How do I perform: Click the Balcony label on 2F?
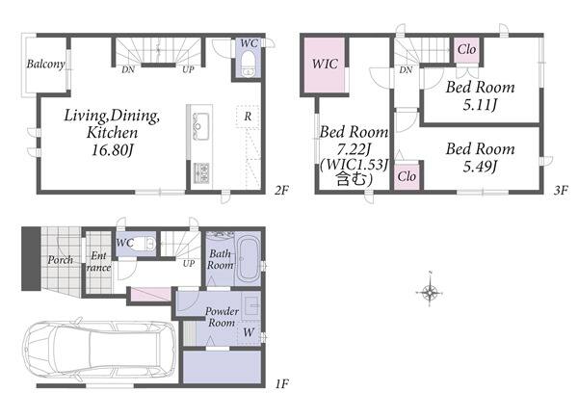click(x=45, y=65)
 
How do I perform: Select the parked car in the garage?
click(x=99, y=350)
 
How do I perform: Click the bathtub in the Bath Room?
click(x=248, y=260)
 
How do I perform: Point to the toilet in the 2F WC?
click(x=249, y=64)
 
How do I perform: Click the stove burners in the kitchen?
click(x=201, y=172)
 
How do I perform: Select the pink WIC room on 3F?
click(x=325, y=65)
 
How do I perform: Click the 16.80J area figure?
click(x=112, y=150)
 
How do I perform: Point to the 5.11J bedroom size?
click(x=480, y=105)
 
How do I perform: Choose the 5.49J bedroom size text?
click(x=480, y=167)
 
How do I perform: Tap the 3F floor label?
click(x=561, y=190)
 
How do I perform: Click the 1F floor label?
click(x=281, y=384)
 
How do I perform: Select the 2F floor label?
click(x=281, y=190)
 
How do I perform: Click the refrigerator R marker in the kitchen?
click(x=248, y=117)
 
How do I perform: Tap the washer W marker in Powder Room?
click(x=249, y=332)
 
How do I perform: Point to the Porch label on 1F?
click(x=61, y=260)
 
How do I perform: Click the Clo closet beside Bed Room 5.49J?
click(x=407, y=176)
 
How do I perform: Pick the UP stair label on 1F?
click(x=189, y=264)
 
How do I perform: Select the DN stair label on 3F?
click(x=406, y=69)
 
